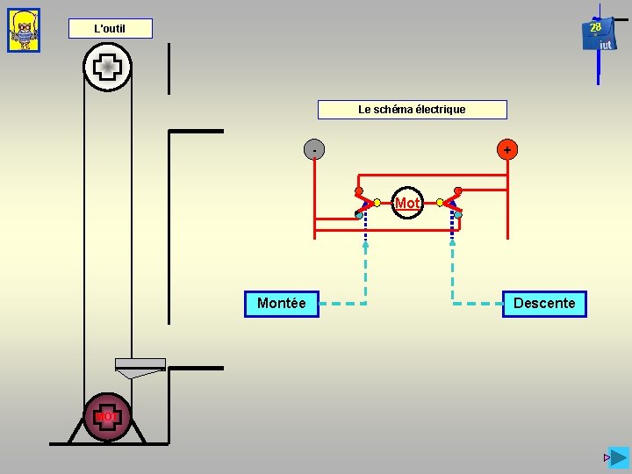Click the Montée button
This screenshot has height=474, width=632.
[x=281, y=304]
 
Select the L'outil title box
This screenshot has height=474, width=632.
[x=111, y=29]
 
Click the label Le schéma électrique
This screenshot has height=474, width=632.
[x=412, y=110]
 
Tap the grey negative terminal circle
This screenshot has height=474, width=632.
[x=314, y=150]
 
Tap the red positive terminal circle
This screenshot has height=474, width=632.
[x=506, y=150]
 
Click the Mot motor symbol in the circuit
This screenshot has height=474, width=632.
[x=406, y=203]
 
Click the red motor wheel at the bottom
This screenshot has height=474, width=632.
[x=107, y=416]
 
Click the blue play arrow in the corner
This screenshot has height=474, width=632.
[x=620, y=457]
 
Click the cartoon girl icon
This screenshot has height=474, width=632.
[x=24, y=31]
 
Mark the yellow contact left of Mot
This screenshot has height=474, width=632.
[x=377, y=203]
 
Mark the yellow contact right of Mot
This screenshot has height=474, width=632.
[x=440, y=202]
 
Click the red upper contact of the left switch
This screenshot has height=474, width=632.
[x=359, y=190]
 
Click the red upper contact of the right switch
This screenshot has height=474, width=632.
[x=458, y=190]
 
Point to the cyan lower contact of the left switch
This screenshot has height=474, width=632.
[x=359, y=215]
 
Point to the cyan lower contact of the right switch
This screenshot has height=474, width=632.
[x=458, y=215]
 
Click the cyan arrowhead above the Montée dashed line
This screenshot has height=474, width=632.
[x=366, y=247]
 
